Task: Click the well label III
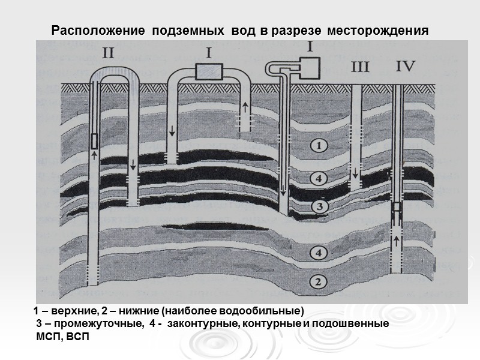pyautogui.click(x=360, y=67)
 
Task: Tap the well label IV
pyautogui.click(x=406, y=67)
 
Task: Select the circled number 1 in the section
pyautogui.click(x=320, y=145)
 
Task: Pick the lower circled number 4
pyautogui.click(x=320, y=253)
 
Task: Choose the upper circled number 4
pyautogui.click(x=320, y=178)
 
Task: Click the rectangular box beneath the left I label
pyautogui.click(x=208, y=72)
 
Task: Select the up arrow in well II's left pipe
pyautogui.click(x=94, y=155)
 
